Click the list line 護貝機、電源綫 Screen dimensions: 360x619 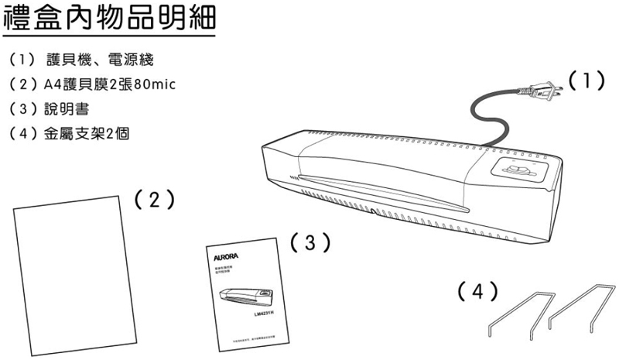(x=99, y=59)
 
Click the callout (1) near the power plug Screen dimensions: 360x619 (x=585, y=81)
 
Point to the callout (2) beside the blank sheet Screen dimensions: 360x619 (x=153, y=199)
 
